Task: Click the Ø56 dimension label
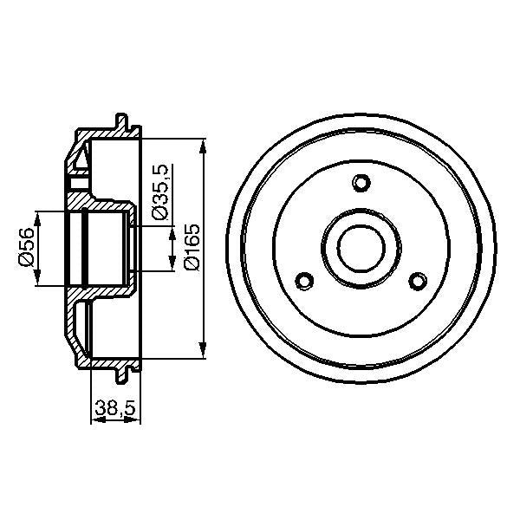click(x=27, y=248)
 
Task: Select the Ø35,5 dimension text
click(x=159, y=192)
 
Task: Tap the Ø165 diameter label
click(x=192, y=248)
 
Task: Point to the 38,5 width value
click(x=115, y=406)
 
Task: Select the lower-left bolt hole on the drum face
click(x=304, y=281)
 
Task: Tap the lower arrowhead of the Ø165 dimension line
click(x=204, y=351)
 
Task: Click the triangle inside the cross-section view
click(x=81, y=159)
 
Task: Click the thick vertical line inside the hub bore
click(x=85, y=248)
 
